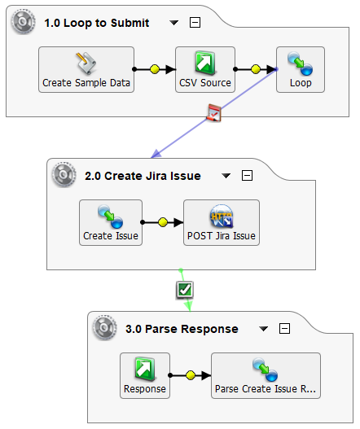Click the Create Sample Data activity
[x=86, y=69]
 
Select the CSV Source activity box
[x=204, y=69]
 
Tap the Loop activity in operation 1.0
[x=301, y=69]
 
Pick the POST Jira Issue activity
[x=222, y=222]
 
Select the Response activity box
[x=145, y=375]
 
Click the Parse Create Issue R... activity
[x=266, y=375]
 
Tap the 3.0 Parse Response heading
[x=182, y=329]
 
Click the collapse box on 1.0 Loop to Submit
[x=195, y=23]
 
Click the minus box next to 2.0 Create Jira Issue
[x=248, y=176]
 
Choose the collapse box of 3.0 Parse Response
[x=284, y=329]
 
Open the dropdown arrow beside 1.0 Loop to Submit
[x=173, y=23]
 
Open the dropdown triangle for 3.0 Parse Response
[x=263, y=329]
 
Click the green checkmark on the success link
[x=185, y=289]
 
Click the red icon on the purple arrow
[x=213, y=114]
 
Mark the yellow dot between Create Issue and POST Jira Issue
[x=163, y=221]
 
